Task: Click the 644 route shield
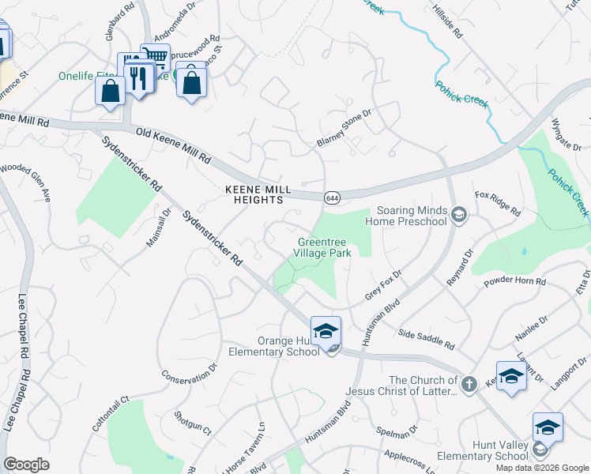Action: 332,197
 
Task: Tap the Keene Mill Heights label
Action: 254,195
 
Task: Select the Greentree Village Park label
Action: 323,247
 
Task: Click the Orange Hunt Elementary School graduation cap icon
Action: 326,332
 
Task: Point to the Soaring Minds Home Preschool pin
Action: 458,213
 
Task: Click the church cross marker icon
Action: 469,383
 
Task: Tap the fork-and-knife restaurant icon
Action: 140,77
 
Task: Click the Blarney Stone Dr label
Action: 344,127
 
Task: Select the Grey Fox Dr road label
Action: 383,284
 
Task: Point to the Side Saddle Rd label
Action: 426,340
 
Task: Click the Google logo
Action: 26,465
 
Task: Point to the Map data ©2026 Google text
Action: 543,468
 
